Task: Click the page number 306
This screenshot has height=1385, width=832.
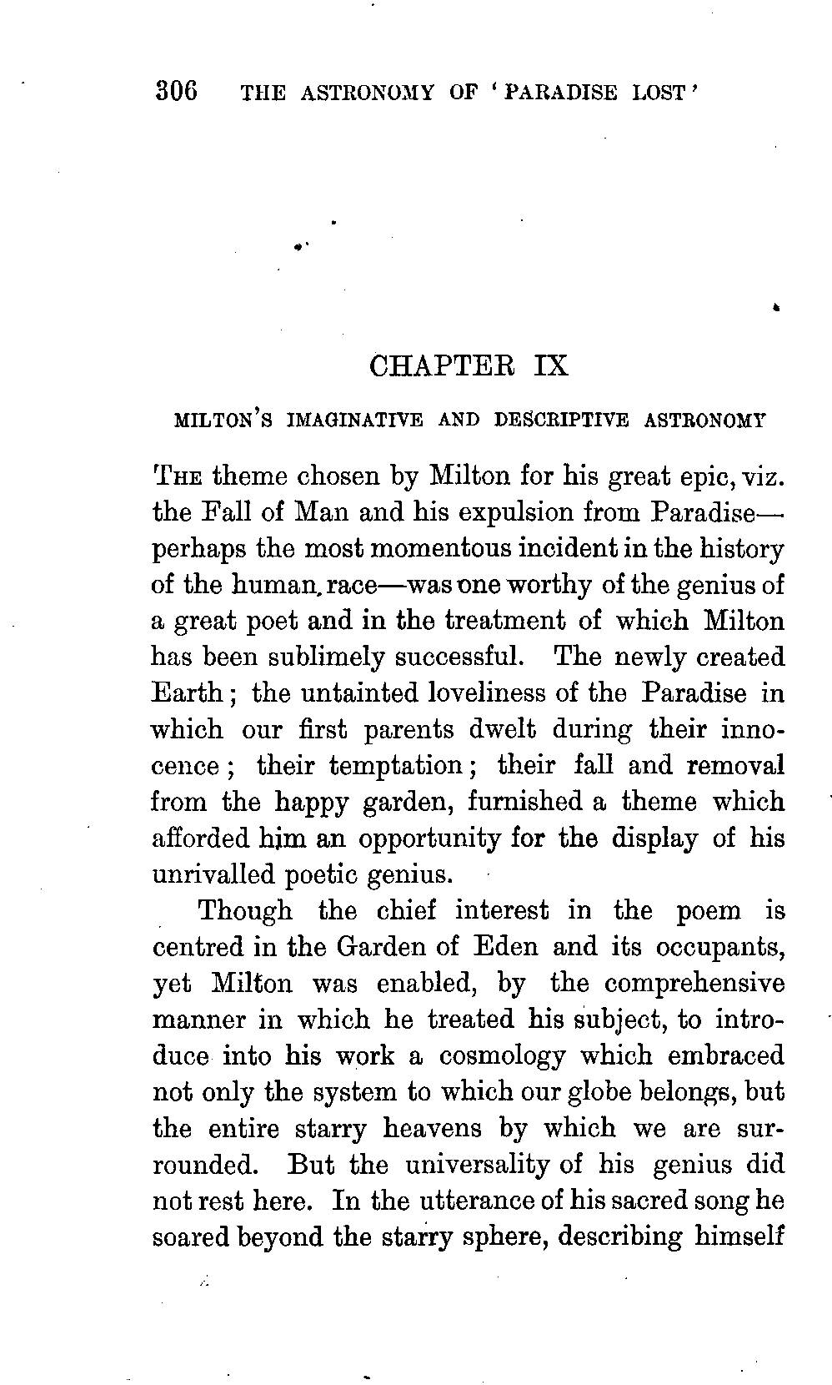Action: click(176, 89)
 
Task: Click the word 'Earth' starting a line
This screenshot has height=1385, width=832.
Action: click(186, 693)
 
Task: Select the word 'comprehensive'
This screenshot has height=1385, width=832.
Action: click(694, 984)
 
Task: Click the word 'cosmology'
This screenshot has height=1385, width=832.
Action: click(502, 1056)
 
